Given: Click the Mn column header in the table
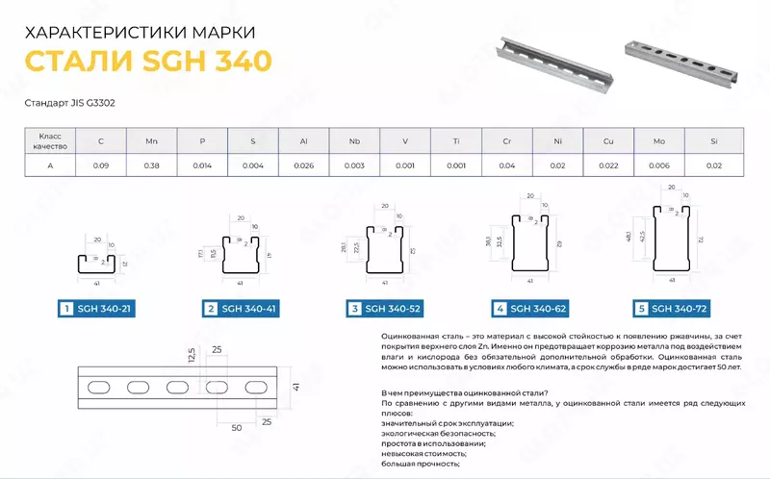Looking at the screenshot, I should tap(151, 141).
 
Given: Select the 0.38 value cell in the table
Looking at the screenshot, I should tap(151, 165).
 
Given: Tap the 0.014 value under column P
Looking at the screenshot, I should tap(202, 165).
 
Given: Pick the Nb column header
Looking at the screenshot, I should tap(354, 141).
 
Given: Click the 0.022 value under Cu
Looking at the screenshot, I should tap(608, 165).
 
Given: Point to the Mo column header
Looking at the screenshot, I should tap(659, 141).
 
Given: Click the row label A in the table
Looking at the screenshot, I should tap(50, 165).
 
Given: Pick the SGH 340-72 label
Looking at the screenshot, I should tap(682, 309).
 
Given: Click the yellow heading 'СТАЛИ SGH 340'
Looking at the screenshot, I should tap(147, 61).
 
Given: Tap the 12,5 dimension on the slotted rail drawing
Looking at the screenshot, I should tap(192, 354).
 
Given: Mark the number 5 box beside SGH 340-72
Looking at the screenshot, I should tap(641, 309).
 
